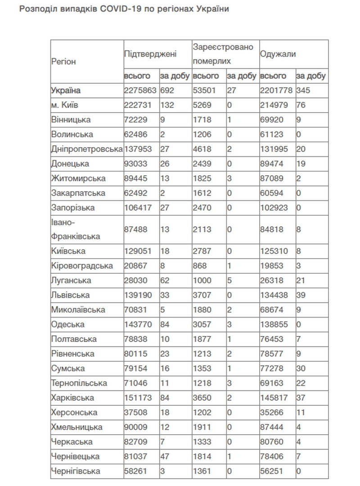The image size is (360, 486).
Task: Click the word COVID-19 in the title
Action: click(x=133, y=9)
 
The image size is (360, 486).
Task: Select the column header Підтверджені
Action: click(x=150, y=54)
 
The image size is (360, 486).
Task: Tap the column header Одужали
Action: click(x=278, y=54)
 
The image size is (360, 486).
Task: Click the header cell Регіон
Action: click(x=64, y=61)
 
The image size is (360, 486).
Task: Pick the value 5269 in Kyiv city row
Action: click(x=201, y=105)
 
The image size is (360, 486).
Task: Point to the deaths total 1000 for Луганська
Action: click(x=201, y=280)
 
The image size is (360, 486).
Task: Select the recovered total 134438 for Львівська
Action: click(x=275, y=295)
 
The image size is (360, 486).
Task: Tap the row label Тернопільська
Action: click(x=79, y=383)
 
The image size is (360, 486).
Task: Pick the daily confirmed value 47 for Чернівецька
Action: click(x=165, y=456)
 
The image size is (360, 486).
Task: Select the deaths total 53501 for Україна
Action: click(x=203, y=90)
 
